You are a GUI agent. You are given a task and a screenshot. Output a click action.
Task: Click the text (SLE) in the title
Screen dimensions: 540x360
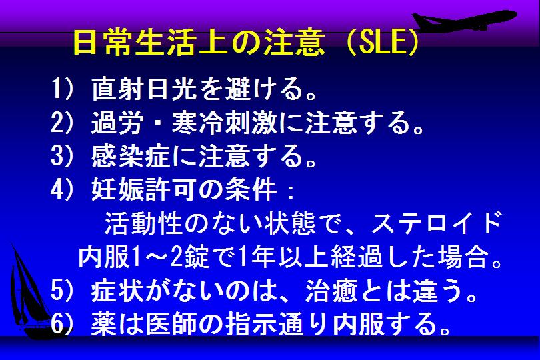click(383, 43)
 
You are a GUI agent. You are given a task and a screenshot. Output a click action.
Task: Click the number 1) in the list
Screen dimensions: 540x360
click(62, 88)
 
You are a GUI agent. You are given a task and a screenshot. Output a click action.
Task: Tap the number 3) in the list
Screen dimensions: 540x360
click(62, 156)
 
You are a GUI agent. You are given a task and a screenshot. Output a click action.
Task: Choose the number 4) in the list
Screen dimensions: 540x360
click(62, 189)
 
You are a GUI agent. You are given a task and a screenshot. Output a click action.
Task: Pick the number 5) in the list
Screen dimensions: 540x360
click(62, 291)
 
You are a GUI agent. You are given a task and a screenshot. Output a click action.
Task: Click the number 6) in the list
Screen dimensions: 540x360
click(62, 324)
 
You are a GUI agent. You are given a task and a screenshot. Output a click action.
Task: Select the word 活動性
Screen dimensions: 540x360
click(143, 223)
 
